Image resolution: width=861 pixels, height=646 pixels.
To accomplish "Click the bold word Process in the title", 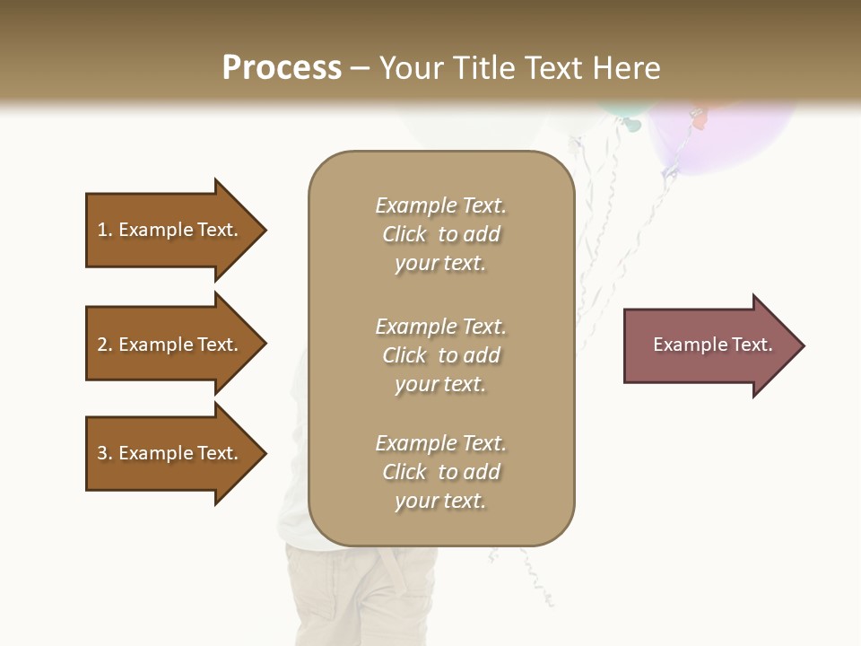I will pyautogui.click(x=282, y=68).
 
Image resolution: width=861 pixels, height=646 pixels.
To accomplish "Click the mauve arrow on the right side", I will pyautogui.click(x=709, y=345).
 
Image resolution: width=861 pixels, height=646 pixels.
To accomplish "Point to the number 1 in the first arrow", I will pyautogui.click(x=102, y=230).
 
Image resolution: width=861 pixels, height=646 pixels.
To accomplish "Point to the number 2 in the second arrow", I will pyautogui.click(x=102, y=345).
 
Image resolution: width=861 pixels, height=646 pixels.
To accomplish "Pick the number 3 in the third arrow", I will pyautogui.click(x=102, y=453).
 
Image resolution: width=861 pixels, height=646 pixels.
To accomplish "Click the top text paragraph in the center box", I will pyautogui.click(x=440, y=234).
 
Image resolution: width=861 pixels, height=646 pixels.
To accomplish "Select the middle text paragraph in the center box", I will pyautogui.click(x=440, y=355).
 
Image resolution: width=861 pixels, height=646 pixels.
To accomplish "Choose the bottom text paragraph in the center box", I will pyautogui.click(x=440, y=472).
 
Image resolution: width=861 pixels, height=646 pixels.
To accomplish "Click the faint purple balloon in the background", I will pyautogui.click(x=726, y=135).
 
